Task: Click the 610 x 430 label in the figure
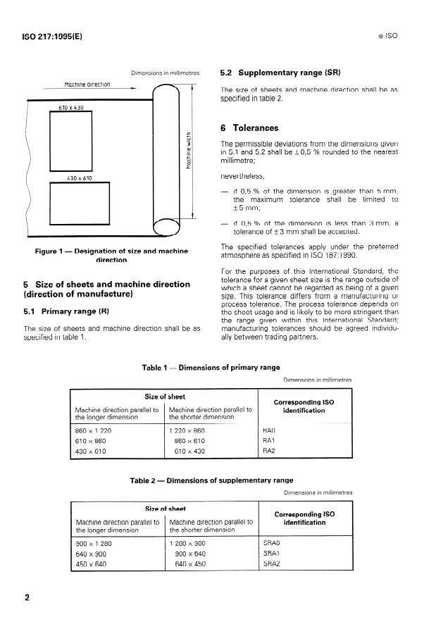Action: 70,108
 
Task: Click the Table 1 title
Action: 211,367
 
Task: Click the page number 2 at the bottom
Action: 27,599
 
